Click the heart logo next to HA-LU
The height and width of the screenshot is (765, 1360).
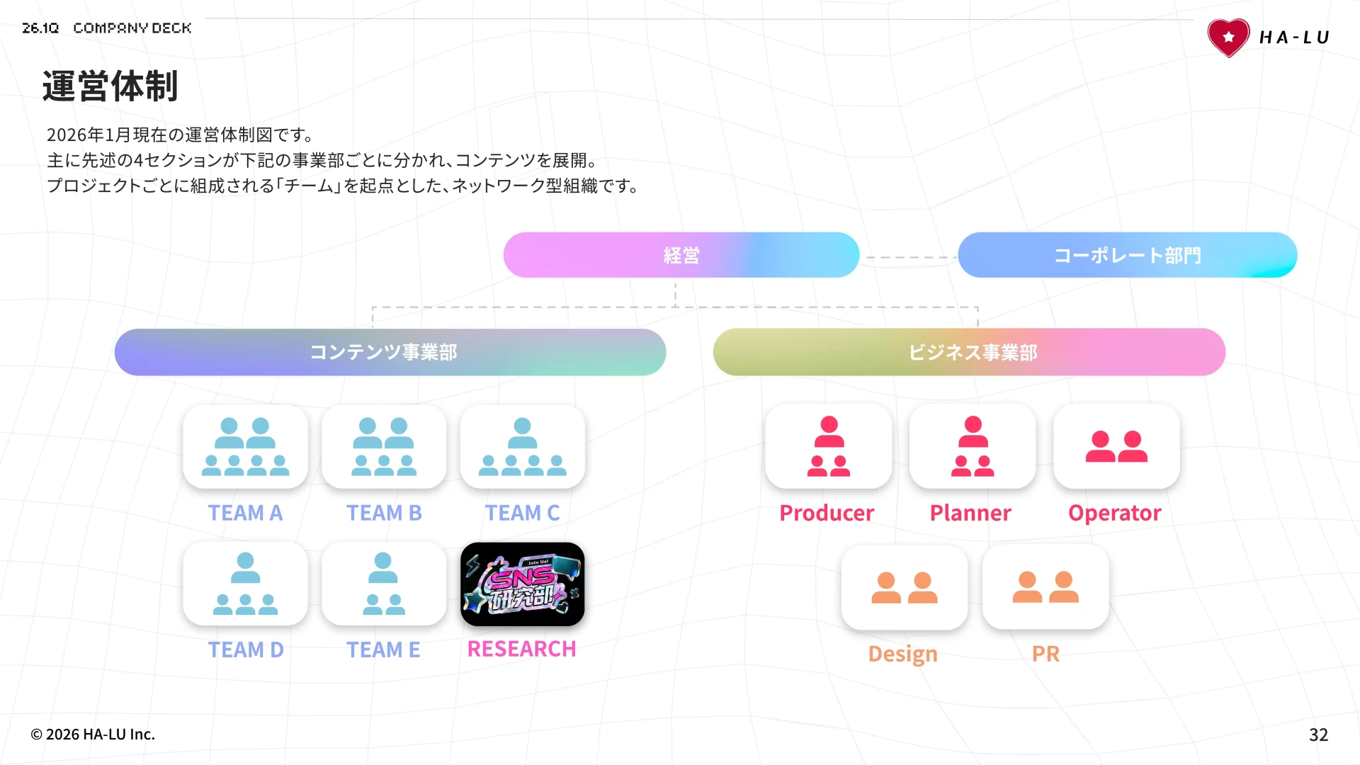click(x=1229, y=38)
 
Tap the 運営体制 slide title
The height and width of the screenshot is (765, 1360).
click(x=110, y=86)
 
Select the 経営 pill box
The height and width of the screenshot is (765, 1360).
click(x=681, y=255)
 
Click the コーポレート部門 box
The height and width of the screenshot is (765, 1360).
click(x=1127, y=255)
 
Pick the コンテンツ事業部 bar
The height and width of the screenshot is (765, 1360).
click(x=390, y=352)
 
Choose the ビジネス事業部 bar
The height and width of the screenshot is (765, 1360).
click(x=969, y=352)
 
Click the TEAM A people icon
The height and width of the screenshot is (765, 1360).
click(x=245, y=446)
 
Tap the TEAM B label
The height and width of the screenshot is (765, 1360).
click(x=384, y=513)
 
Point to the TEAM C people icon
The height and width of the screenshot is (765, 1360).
click(x=522, y=446)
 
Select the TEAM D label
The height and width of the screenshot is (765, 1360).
click(x=245, y=650)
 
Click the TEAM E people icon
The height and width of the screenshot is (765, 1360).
click(x=383, y=584)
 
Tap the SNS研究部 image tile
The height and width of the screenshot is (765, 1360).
click(x=522, y=584)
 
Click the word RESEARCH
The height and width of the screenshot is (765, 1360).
click(x=521, y=649)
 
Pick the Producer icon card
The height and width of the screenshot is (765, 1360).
click(x=828, y=446)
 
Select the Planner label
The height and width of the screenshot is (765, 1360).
click(x=970, y=513)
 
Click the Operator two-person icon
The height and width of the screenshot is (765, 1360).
click(x=1116, y=446)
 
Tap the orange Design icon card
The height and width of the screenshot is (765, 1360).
click(x=904, y=587)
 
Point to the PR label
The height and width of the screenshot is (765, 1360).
click(x=1045, y=654)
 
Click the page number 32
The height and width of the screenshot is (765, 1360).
click(x=1318, y=735)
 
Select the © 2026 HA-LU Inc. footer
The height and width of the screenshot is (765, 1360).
click(x=93, y=735)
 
